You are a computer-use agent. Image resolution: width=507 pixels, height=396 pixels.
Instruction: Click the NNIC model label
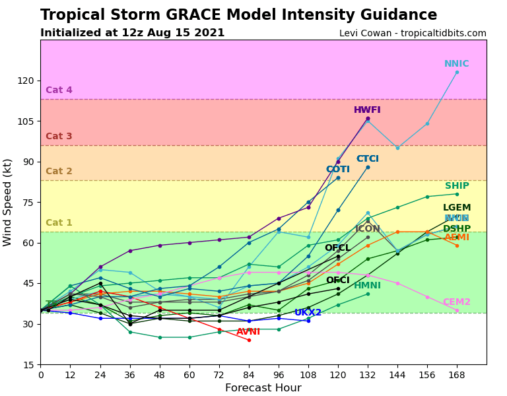(x=456, y=64)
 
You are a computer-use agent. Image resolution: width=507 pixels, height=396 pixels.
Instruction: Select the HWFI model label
(x=367, y=110)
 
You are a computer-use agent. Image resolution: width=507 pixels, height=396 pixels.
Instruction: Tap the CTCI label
(x=368, y=159)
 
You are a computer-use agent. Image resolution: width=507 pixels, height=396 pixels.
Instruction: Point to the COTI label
(x=338, y=170)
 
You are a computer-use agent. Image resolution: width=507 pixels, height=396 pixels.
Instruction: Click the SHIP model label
(x=457, y=186)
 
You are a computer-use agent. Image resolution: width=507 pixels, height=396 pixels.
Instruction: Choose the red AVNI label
(x=248, y=332)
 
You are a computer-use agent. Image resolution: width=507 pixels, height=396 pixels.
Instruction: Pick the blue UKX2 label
(x=308, y=313)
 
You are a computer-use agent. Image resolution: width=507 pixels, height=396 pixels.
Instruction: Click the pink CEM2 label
(x=456, y=302)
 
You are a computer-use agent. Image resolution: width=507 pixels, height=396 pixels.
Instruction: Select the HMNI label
(x=367, y=286)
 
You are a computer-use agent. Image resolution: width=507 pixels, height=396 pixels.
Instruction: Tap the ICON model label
(x=368, y=229)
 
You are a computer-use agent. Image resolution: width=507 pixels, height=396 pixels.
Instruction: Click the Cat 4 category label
(x=59, y=90)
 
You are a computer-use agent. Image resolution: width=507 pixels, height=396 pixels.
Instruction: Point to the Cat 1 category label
(x=59, y=223)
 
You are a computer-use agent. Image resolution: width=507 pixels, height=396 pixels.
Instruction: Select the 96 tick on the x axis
(x=279, y=375)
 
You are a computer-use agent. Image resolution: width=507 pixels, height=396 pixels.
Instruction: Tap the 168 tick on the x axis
(x=457, y=375)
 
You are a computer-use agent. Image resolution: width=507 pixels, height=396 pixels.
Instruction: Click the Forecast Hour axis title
(x=263, y=388)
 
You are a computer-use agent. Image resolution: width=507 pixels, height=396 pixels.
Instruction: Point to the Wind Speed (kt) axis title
(x=8, y=202)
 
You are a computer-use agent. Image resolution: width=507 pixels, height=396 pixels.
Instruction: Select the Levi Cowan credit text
(x=413, y=34)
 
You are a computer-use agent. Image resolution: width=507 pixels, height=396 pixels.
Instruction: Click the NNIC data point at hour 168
(x=457, y=72)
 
